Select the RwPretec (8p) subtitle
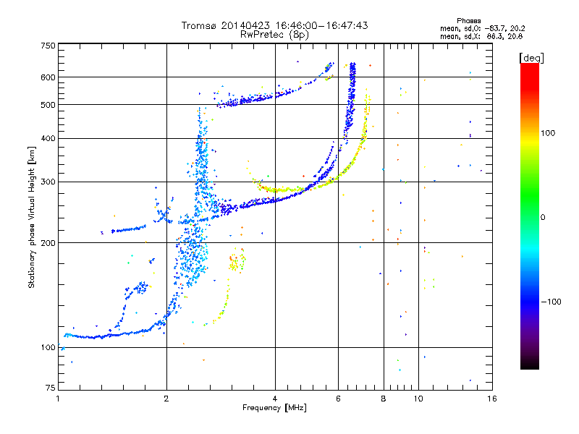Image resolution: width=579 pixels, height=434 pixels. pyautogui.click(x=274, y=35)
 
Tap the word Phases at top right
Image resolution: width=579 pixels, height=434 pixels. pyautogui.click(x=468, y=21)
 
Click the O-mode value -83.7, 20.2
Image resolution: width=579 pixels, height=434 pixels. pyautogui.click(x=504, y=28)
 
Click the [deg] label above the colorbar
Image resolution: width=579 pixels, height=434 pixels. pyautogui.click(x=531, y=58)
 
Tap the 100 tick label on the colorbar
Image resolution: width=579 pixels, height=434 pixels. pyautogui.click(x=548, y=133)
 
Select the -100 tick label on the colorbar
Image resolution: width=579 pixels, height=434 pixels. pyautogui.click(x=551, y=302)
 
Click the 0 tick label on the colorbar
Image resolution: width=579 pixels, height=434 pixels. pyautogui.click(x=543, y=218)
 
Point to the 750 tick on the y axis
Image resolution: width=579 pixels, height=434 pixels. pyautogui.click(x=48, y=46)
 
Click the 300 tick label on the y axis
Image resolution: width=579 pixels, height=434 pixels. pyautogui.click(x=48, y=182)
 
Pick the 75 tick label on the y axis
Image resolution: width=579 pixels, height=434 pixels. pyautogui.click(x=51, y=388)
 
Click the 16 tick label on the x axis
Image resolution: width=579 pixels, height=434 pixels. pyautogui.click(x=492, y=399)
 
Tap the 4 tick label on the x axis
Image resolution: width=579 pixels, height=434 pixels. pyautogui.click(x=275, y=399)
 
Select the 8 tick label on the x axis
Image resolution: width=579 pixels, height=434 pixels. pyautogui.click(x=384, y=399)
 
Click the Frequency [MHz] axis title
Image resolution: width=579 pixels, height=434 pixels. pyautogui.click(x=274, y=408)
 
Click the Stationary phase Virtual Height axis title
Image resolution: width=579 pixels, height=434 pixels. pyautogui.click(x=32, y=217)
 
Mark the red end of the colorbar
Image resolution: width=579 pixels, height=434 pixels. pyautogui.click(x=530, y=65)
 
